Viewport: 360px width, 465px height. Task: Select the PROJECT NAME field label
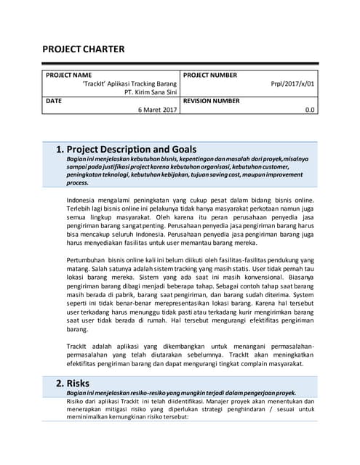[x=68, y=75]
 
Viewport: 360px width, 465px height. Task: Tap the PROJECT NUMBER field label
[x=210, y=75]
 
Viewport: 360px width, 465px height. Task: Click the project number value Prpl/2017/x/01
[x=292, y=84]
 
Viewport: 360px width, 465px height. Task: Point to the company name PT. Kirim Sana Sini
[x=151, y=93]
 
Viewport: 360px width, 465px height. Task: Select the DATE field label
[x=54, y=101]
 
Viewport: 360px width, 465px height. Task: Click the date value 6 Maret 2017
[x=158, y=110]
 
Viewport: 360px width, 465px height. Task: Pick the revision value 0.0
[x=310, y=110]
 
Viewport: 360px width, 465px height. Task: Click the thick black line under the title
[x=179, y=63]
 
